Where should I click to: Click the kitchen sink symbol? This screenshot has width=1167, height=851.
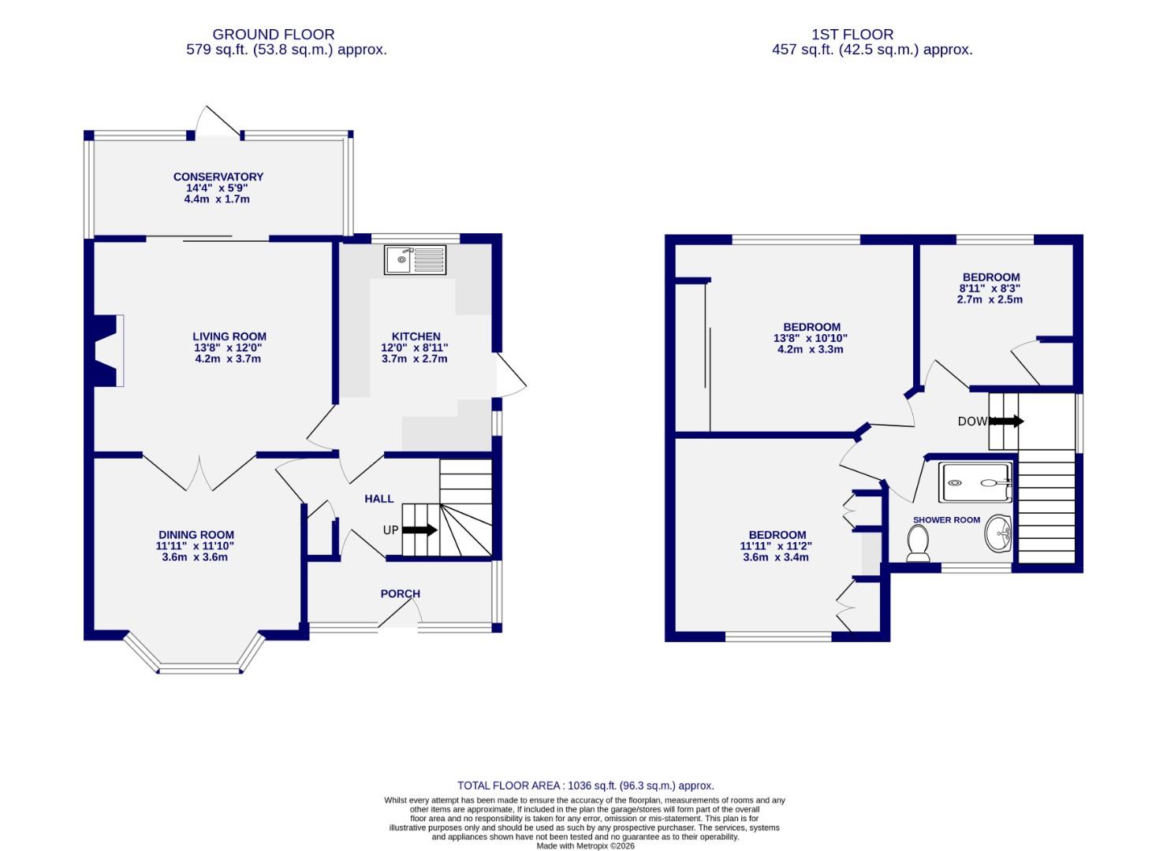click(415, 259)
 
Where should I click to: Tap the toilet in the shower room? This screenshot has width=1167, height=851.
click(918, 544)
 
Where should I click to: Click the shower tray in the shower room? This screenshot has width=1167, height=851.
click(975, 482)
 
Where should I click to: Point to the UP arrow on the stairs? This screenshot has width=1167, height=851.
click(419, 530)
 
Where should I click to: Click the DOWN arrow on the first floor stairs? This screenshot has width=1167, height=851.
click(1006, 422)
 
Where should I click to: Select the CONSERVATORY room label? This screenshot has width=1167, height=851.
click(218, 177)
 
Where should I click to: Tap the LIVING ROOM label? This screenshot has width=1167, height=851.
click(229, 336)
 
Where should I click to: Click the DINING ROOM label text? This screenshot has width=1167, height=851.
click(196, 535)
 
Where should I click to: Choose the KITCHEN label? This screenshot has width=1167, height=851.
click(416, 336)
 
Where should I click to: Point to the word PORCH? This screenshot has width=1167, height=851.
click(401, 593)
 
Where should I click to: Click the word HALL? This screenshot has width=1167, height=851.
click(378, 499)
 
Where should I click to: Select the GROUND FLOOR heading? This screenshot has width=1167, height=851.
click(274, 35)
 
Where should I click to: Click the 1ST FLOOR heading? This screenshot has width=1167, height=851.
click(852, 35)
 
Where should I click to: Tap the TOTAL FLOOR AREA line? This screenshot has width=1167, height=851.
click(586, 786)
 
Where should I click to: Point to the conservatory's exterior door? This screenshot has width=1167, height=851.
click(217, 122)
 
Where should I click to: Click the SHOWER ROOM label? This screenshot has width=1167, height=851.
click(946, 520)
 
